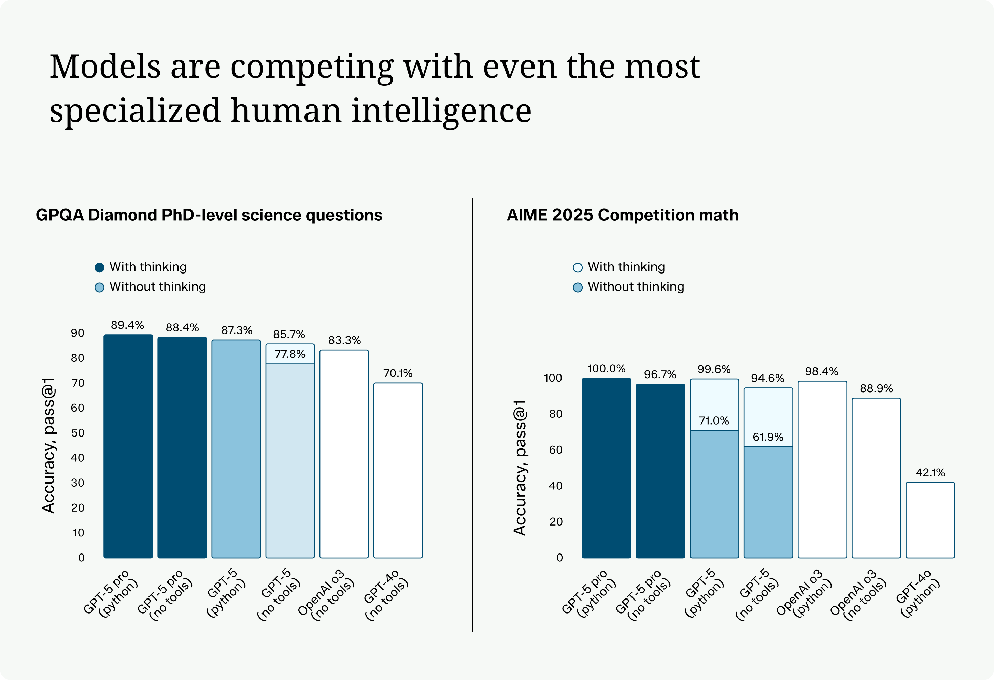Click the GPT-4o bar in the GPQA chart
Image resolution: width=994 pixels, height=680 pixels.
[x=398, y=470]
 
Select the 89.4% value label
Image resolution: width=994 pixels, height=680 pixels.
[x=127, y=325]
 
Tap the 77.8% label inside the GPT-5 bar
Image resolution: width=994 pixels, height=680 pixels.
[x=290, y=354]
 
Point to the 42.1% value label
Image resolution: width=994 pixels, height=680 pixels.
[x=930, y=472]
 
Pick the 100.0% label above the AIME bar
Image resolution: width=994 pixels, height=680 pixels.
[x=606, y=368]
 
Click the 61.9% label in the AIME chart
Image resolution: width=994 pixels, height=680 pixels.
[x=768, y=437]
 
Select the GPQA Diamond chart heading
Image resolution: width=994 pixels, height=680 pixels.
[x=209, y=215]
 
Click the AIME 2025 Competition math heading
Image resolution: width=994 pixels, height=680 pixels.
[x=622, y=215]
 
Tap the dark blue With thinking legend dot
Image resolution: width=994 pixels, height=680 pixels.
[x=99, y=268]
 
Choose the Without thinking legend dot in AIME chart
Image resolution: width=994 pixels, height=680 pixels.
[x=578, y=287]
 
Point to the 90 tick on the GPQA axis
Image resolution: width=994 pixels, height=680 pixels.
[x=77, y=333]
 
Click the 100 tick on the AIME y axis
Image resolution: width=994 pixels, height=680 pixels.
[x=553, y=378]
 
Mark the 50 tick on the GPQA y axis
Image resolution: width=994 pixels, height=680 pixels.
[x=77, y=432]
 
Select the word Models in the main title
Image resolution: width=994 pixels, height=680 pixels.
[x=105, y=67]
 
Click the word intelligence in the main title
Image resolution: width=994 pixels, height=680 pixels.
[x=441, y=110]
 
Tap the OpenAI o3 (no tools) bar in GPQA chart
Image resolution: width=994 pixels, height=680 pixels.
[x=344, y=454]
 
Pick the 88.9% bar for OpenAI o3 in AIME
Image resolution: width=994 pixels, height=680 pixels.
[x=876, y=478]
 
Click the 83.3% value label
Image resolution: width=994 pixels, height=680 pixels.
[x=344, y=340]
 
